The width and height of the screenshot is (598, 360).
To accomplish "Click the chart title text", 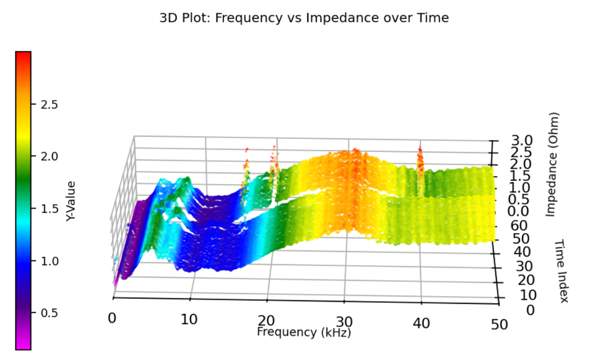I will (304, 18).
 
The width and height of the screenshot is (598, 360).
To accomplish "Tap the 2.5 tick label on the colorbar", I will (49, 104).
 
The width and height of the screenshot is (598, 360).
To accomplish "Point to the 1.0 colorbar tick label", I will (49, 260).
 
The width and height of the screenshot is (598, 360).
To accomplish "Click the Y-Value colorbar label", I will (71, 200).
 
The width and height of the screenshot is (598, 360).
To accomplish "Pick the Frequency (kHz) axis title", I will (304, 332).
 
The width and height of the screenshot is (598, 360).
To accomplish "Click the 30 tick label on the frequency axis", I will (344, 321).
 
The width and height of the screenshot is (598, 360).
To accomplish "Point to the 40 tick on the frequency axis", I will (422, 323).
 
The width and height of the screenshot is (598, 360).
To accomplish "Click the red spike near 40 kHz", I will (419, 158).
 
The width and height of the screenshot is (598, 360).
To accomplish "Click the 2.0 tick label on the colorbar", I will (49, 156).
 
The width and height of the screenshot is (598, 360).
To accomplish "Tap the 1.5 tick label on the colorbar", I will (49, 209).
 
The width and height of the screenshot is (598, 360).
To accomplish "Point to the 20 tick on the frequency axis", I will (267, 320).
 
